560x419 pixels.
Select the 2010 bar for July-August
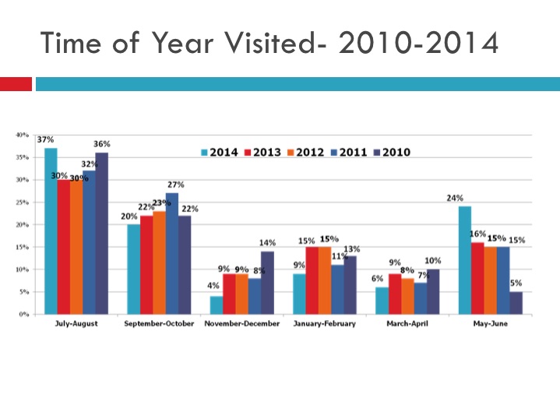point(102,233)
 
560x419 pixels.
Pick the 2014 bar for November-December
point(217,305)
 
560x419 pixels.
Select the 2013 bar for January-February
point(312,280)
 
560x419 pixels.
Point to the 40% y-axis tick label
point(23,135)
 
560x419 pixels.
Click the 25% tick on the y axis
point(23,202)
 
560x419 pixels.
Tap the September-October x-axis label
point(160,324)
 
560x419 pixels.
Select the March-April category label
point(408,324)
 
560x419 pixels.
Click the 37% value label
point(45,139)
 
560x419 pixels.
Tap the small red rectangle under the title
point(16,83)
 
